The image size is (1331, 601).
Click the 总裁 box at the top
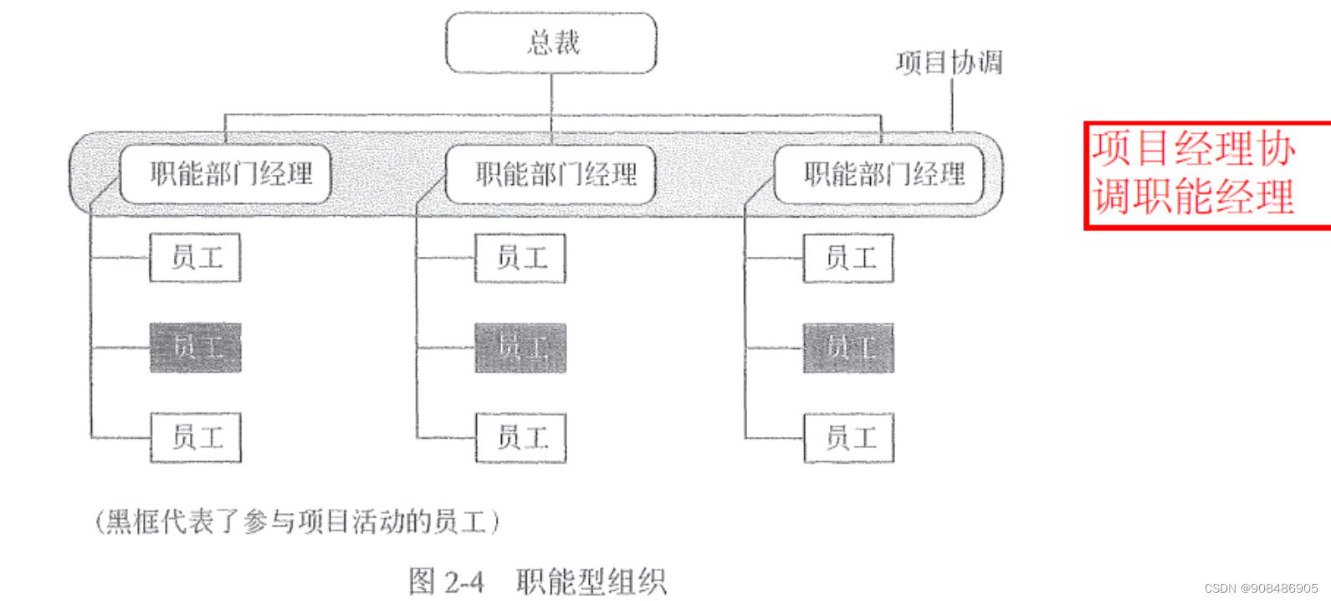point(551,43)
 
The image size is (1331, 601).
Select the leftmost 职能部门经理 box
point(226,174)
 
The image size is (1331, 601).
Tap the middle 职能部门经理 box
point(551,174)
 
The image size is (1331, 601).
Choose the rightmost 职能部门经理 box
point(879,174)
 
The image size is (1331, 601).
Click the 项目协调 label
point(949,63)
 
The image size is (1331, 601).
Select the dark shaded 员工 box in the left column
point(196,347)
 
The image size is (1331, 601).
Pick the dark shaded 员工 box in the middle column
point(520,347)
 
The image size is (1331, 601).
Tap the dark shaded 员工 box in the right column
point(848,347)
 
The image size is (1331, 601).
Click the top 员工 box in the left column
point(196,258)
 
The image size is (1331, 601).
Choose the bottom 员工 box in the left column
point(196,437)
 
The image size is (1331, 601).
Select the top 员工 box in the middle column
point(520,258)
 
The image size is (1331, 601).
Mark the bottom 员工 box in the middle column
point(520,437)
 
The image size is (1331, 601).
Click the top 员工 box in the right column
point(848,258)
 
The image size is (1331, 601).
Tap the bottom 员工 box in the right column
point(848,437)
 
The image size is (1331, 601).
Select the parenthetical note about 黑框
point(297,521)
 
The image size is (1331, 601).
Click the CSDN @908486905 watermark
point(1261,588)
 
